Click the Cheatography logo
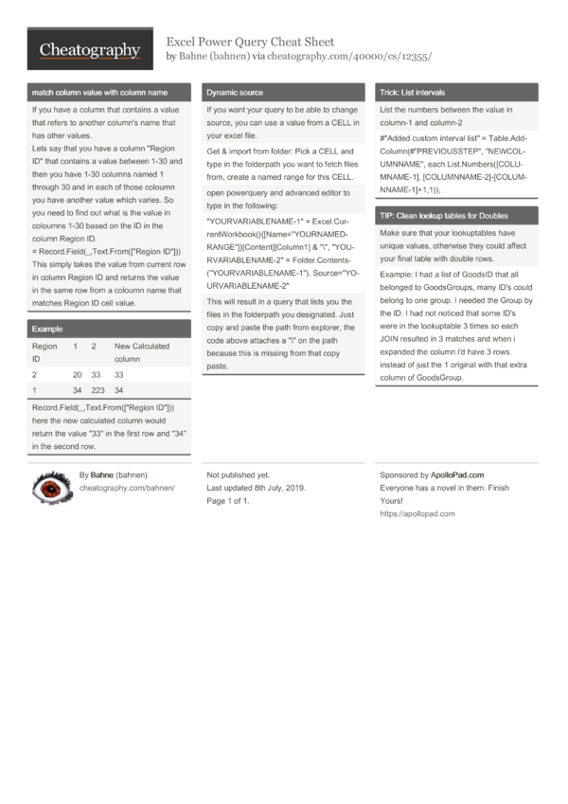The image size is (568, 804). click(89, 49)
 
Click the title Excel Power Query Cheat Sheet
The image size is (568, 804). click(250, 42)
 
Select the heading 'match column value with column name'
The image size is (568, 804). click(99, 93)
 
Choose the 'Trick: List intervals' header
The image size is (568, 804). click(412, 93)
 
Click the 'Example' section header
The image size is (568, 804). click(47, 329)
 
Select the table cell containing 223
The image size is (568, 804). click(98, 389)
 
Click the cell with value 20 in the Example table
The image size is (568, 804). click(77, 375)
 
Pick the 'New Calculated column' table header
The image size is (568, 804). click(141, 353)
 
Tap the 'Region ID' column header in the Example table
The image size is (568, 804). click(44, 353)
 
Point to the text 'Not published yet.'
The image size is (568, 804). click(238, 474)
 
